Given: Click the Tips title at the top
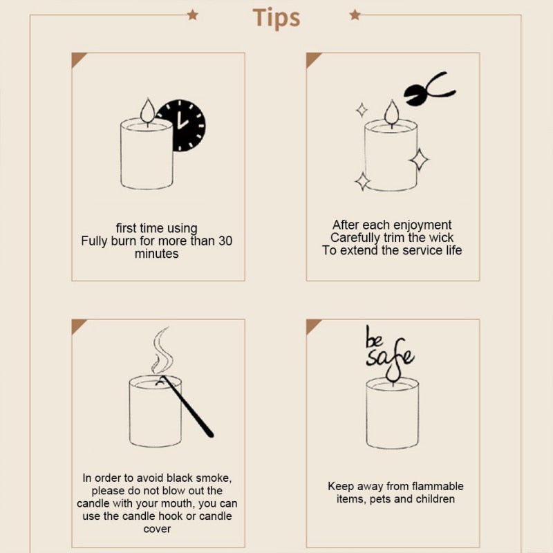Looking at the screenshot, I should [276, 17].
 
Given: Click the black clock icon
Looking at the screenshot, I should [181, 125].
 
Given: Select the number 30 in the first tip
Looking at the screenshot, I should [225, 241].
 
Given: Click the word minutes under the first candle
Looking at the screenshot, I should [157, 254].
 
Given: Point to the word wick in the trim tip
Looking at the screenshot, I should [440, 237].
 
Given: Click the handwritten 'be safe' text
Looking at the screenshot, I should [388, 348].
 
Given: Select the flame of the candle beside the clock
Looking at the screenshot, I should [147, 111].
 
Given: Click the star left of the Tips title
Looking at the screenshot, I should [192, 15].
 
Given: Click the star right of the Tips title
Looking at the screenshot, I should [355, 15].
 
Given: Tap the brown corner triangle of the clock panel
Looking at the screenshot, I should [77, 59].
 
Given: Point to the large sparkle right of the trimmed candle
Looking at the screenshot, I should [419, 159].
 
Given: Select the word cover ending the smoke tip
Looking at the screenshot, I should [157, 529].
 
